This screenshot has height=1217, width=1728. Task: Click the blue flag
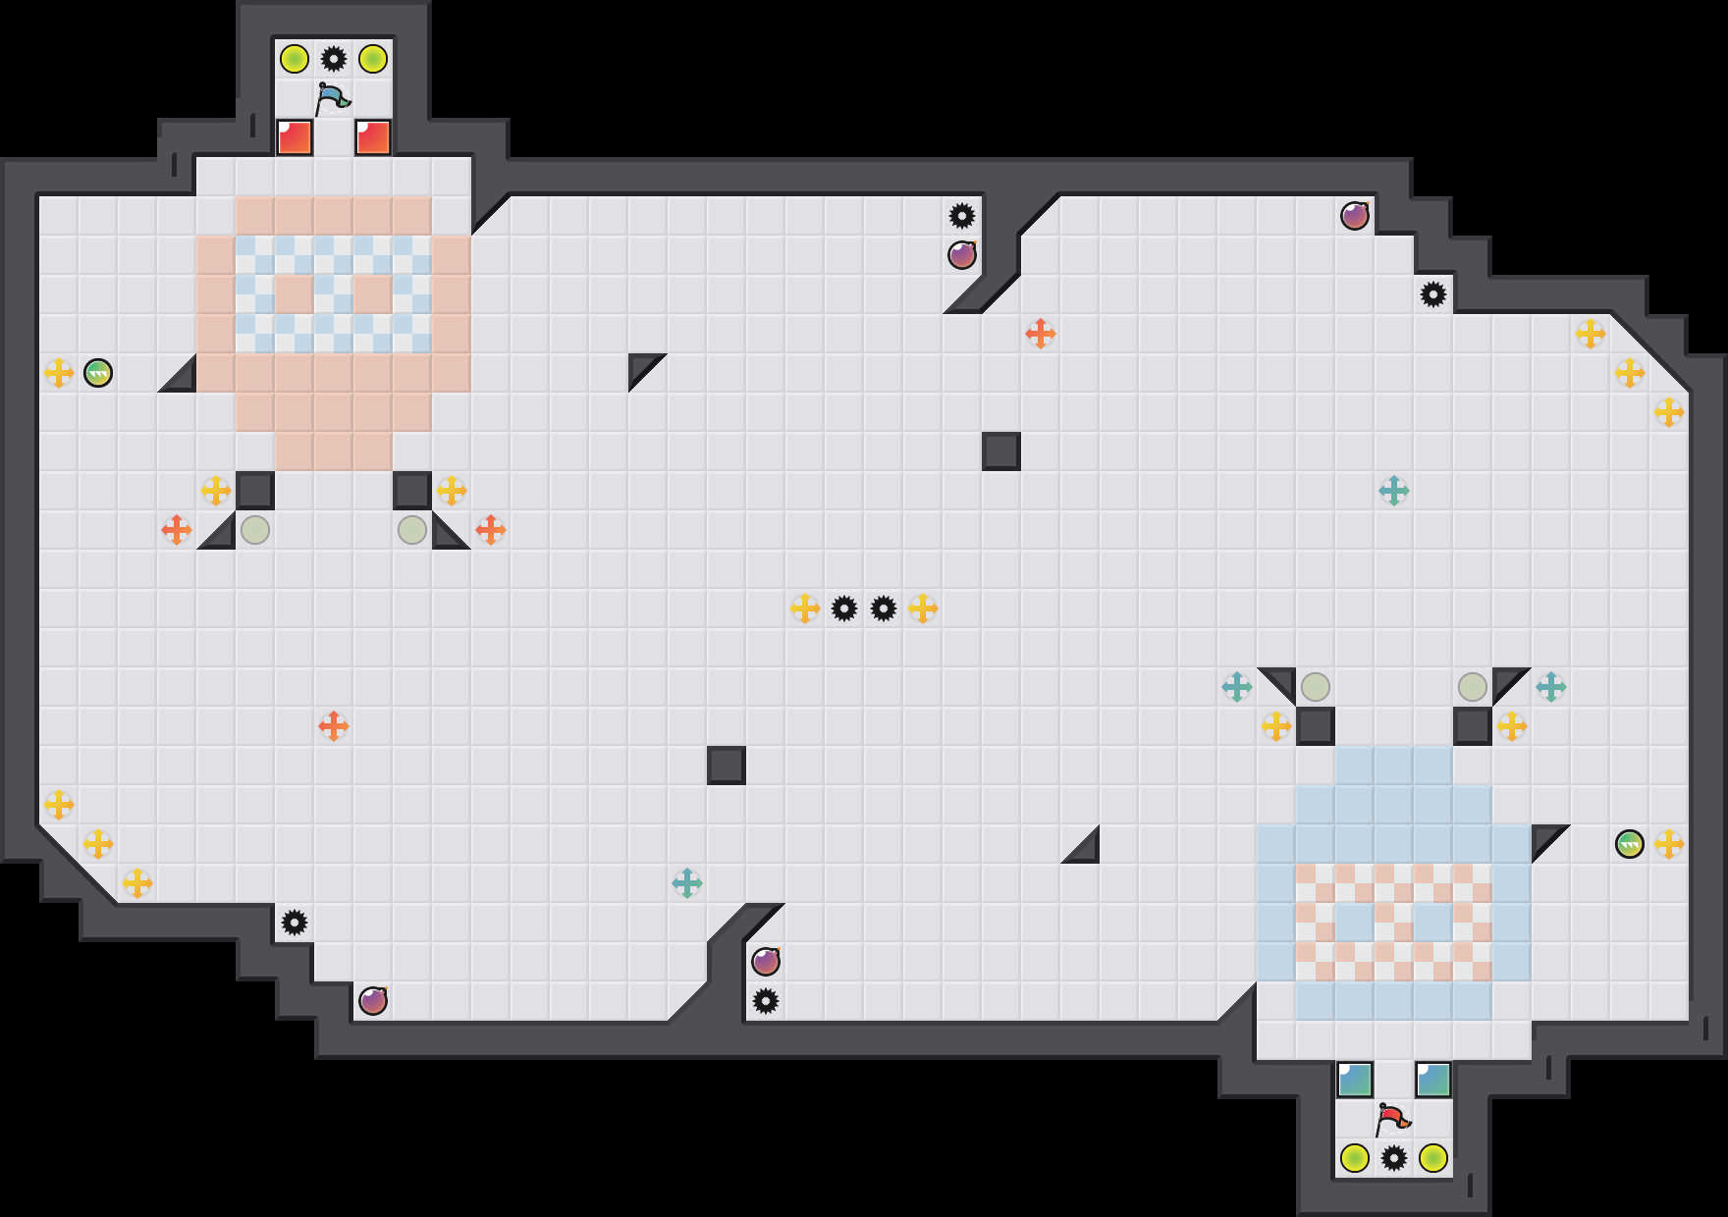click(333, 98)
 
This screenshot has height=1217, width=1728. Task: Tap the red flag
click(1392, 1119)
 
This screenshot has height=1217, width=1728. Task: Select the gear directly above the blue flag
click(334, 59)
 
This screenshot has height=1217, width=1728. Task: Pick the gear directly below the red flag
click(1394, 1158)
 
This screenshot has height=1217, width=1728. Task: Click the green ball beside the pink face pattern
click(98, 373)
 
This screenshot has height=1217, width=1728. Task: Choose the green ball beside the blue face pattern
click(1630, 844)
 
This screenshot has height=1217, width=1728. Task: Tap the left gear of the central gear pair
click(844, 608)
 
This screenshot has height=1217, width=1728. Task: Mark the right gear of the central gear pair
click(884, 608)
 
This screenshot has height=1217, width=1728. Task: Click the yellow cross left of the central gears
click(805, 608)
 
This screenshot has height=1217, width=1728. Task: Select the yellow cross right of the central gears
click(923, 608)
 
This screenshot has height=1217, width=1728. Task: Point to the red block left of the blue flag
click(295, 137)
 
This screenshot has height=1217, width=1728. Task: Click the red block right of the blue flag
click(373, 137)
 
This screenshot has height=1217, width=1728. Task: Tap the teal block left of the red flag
click(1355, 1080)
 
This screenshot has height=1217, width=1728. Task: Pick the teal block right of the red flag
click(1433, 1080)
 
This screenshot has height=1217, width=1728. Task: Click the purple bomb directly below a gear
click(962, 255)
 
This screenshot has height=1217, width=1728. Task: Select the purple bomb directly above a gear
click(766, 962)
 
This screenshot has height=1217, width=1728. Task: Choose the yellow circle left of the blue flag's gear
click(295, 59)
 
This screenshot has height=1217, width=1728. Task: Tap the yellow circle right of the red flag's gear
click(1433, 1158)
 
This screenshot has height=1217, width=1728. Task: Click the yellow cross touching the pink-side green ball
click(59, 373)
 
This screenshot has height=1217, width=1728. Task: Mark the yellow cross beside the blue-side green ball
click(1669, 844)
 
